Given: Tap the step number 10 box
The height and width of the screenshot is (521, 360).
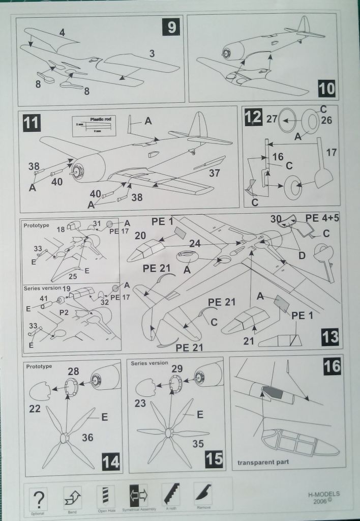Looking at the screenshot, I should tap(327, 89).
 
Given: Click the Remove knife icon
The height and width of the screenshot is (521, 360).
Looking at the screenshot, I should tap(203, 494).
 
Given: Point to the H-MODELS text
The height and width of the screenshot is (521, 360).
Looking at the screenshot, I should tap(324, 494).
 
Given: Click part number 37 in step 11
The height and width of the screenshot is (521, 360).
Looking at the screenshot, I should tap(215, 173).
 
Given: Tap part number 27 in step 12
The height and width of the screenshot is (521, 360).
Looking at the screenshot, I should tap(272, 120).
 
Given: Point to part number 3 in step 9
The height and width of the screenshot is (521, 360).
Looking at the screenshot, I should tap(152, 53).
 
